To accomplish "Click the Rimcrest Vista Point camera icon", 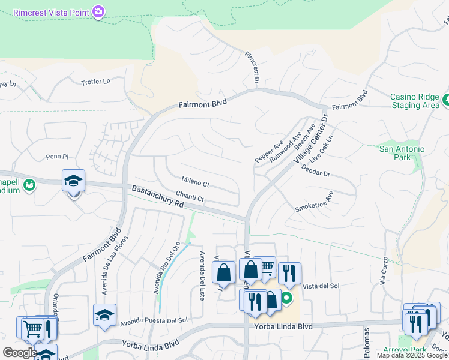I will [98, 11].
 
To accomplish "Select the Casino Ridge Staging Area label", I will [415, 101].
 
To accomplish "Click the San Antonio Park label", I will [402, 153].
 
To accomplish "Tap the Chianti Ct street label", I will [191, 197].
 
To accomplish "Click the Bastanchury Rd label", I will [158, 197].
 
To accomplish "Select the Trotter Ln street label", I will [96, 82].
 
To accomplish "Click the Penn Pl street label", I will [58, 157].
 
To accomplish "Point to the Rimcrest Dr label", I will [252, 67].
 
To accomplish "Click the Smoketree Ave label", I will [314, 201].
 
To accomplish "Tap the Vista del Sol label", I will [321, 286].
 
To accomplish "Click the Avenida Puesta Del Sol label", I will [154, 322].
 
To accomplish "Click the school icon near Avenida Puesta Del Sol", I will [104, 314].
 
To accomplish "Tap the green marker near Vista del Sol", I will [287, 297].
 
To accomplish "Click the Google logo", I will [20, 353].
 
